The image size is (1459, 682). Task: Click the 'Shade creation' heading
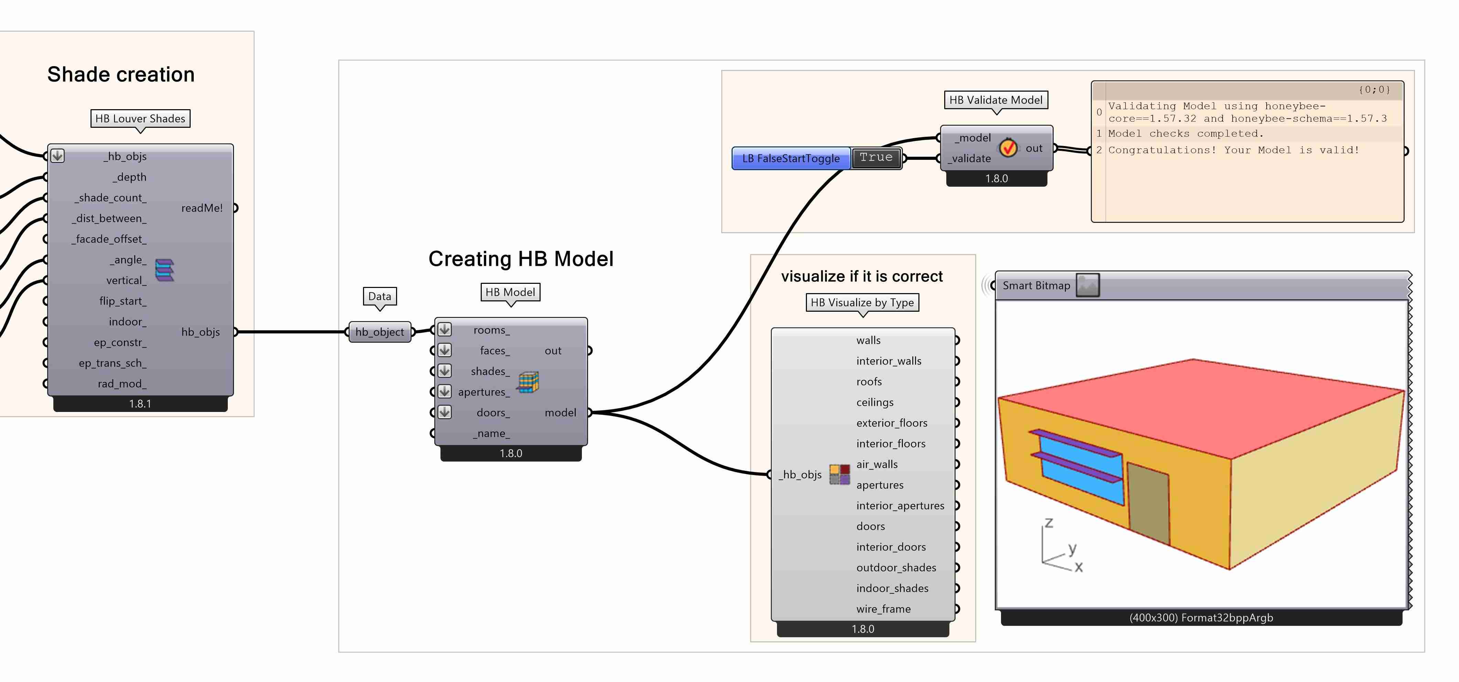coord(121,74)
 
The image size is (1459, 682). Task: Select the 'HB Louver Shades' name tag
coord(140,118)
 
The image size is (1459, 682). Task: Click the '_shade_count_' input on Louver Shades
coord(110,198)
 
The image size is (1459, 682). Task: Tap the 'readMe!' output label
coord(202,208)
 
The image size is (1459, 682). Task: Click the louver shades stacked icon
coord(164,270)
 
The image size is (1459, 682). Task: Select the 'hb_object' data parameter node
coord(380,332)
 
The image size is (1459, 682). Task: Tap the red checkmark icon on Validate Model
coord(1008,148)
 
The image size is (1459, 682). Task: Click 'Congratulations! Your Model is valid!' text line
coord(1233,150)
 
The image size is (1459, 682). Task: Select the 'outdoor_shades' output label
coord(895,568)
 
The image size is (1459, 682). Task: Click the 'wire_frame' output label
coord(883,609)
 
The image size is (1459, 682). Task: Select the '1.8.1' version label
coord(140,404)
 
